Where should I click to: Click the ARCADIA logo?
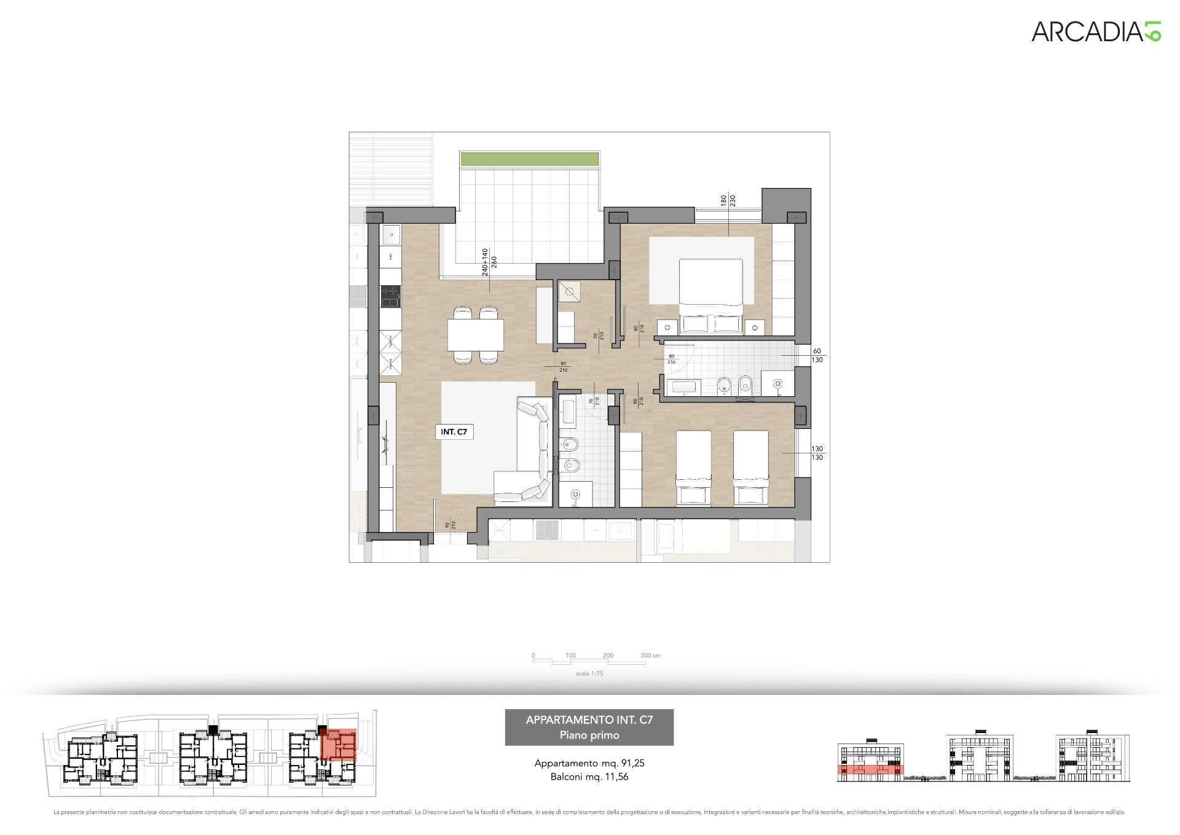[x=1095, y=31]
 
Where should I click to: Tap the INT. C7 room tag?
[x=454, y=432]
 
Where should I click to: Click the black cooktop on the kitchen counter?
[x=390, y=297]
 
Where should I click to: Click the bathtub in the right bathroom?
[x=683, y=387]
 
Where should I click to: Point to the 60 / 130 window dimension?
[x=817, y=356]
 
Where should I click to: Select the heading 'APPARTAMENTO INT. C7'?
[x=589, y=720]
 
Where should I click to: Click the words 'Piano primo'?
[x=589, y=735]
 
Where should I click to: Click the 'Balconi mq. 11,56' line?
[x=589, y=777]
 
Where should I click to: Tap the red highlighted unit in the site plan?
[x=339, y=745]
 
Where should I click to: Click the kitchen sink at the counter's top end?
[x=390, y=233]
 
